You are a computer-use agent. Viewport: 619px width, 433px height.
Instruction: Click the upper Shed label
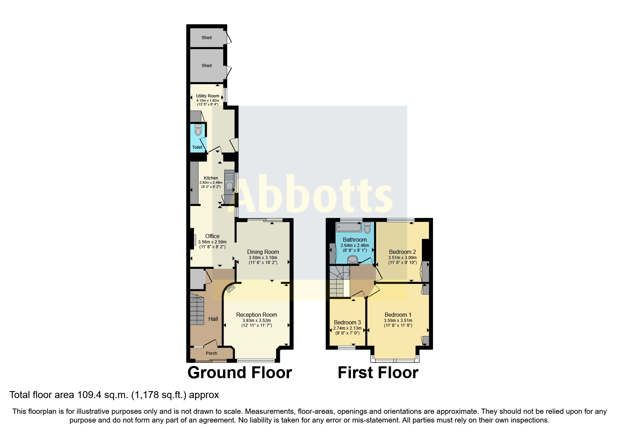(x=207, y=38)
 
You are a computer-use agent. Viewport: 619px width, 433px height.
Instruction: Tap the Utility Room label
(x=208, y=96)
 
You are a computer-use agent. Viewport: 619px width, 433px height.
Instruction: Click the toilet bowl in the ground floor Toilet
(x=198, y=131)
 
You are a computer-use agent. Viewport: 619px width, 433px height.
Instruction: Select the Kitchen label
(x=211, y=178)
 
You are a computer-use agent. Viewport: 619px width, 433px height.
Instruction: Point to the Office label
(x=212, y=236)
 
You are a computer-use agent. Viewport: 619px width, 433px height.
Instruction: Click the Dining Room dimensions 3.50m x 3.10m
(x=263, y=258)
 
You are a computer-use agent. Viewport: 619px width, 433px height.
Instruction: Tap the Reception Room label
(x=257, y=315)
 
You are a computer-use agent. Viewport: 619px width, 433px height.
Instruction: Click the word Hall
(x=213, y=319)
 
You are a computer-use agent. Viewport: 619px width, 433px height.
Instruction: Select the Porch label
(x=211, y=353)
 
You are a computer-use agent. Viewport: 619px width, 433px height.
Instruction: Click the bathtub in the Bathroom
(x=348, y=228)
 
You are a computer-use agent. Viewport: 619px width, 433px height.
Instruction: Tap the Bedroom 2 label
(x=402, y=252)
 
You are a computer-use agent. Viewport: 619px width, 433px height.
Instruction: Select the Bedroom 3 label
(x=347, y=322)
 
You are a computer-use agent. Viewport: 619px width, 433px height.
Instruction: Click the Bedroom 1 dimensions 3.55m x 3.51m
(x=398, y=321)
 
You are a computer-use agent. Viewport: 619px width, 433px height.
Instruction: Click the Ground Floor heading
(x=239, y=373)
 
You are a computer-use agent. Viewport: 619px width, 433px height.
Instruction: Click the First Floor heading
(x=378, y=373)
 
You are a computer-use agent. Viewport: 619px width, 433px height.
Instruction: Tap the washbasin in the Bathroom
(x=353, y=259)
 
